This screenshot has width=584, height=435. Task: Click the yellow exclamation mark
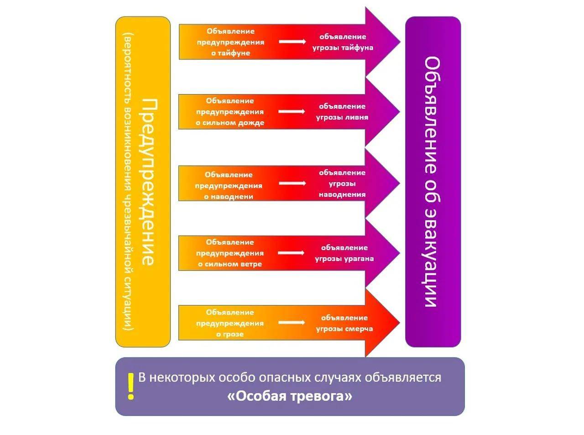point(131,386)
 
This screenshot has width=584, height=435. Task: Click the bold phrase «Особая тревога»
point(290,396)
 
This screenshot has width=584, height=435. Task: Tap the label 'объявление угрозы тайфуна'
point(343,42)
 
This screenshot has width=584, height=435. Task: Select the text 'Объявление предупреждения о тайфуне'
point(230,42)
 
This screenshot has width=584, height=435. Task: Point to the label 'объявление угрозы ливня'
point(342,111)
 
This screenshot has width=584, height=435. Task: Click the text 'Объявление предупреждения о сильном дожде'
point(230,112)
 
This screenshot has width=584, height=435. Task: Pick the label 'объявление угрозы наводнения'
point(342,183)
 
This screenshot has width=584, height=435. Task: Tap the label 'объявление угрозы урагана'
point(344,253)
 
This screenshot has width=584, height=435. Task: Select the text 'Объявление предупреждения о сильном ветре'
point(230,253)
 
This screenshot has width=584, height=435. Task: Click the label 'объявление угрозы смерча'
point(344,323)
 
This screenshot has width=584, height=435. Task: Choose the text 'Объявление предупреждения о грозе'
point(230,323)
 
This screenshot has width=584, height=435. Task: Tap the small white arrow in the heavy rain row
point(291,111)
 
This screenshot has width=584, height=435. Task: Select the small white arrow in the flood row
point(292,183)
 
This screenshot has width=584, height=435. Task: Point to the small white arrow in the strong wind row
point(291,253)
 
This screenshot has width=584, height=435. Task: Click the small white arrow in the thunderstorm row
point(291,323)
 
